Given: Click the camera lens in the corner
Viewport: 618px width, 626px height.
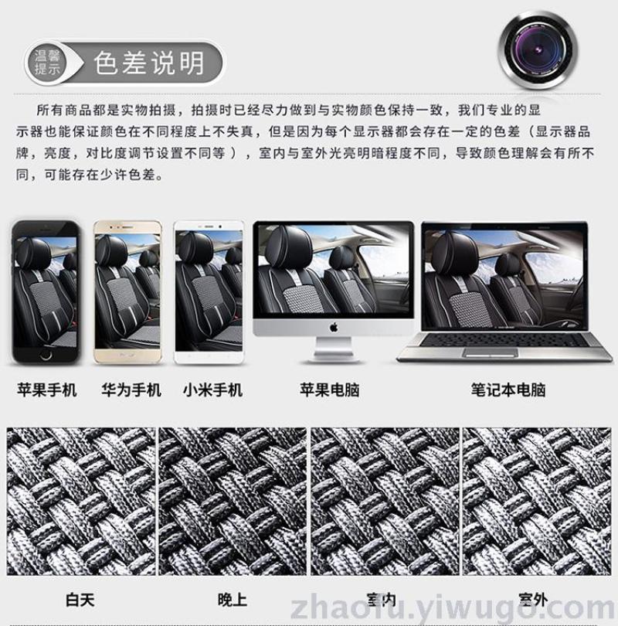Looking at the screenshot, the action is click(x=538, y=50).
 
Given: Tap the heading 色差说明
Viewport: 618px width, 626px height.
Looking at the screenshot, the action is click(x=149, y=63).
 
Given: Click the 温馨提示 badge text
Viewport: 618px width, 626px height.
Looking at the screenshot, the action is click(x=47, y=63).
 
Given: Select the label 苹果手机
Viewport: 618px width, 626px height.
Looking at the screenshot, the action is click(x=46, y=390).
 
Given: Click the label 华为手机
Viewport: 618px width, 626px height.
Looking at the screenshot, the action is click(x=131, y=390).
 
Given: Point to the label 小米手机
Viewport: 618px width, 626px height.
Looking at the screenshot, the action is click(x=212, y=390).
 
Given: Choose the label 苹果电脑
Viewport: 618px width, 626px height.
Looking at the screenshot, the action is click(x=330, y=390).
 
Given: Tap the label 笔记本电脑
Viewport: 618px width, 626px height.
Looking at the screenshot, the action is click(x=508, y=390).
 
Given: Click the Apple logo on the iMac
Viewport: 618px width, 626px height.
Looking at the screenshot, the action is click(x=334, y=328).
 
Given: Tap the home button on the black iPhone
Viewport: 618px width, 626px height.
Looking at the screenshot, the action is click(x=46, y=354).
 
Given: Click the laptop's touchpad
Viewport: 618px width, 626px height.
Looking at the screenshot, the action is click(x=491, y=352).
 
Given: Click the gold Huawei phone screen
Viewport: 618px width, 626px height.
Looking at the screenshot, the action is click(x=127, y=291).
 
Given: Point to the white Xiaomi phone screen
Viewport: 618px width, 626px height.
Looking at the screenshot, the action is click(x=209, y=291).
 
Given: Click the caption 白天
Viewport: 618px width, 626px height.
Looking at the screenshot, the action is click(x=80, y=600).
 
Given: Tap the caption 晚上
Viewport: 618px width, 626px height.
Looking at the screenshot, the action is click(x=233, y=600).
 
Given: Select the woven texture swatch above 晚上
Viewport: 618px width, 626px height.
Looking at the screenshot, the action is click(x=233, y=502).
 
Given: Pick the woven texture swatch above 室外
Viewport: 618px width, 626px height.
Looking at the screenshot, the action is click(x=537, y=502).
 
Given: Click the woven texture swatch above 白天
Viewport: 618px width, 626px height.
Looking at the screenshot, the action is click(x=81, y=502).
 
